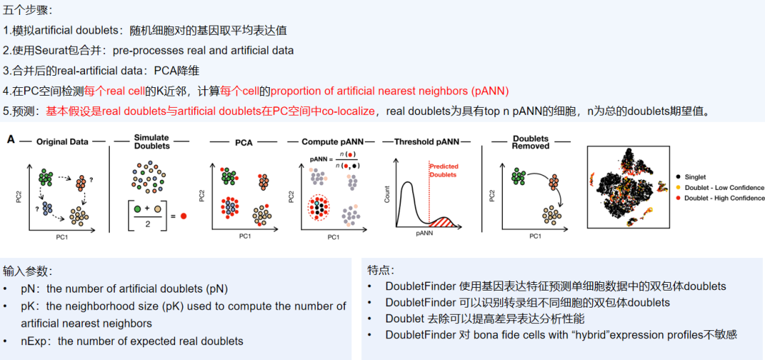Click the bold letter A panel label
click(11, 140)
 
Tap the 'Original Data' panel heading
click(62, 142)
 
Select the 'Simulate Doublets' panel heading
click(152, 142)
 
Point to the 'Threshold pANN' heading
click(424, 142)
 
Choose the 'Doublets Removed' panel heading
click(531, 142)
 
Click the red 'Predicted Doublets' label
click(443, 171)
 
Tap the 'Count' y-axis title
click(387, 194)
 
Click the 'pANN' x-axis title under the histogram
click(424, 232)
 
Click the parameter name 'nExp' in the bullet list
click(33, 341)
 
